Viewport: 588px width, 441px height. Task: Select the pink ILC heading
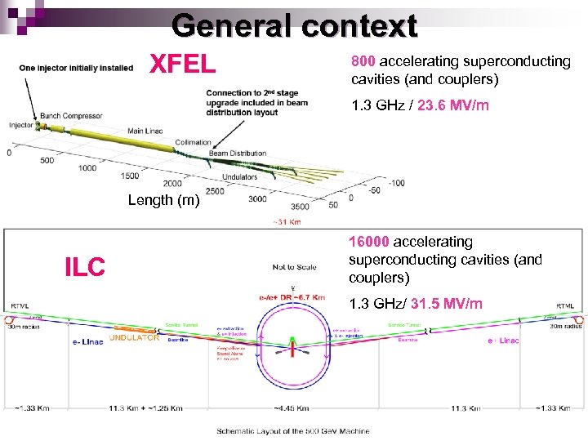85,266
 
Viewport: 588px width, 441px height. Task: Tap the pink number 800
363,61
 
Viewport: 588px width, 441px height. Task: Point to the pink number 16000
370,242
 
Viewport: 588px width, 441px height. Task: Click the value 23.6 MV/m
452,105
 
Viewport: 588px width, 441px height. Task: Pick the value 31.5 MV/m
448,304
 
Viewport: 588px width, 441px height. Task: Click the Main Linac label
146,130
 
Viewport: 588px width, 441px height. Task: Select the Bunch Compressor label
71,117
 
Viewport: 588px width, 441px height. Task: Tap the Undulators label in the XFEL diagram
240,176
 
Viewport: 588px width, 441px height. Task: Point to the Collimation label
193,143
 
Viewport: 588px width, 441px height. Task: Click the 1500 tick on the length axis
129,176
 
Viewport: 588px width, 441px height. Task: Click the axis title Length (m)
163,200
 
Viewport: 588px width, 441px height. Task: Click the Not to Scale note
295,267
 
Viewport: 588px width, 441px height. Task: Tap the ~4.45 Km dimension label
292,408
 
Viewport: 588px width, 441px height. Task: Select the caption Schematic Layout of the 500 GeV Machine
292,431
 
